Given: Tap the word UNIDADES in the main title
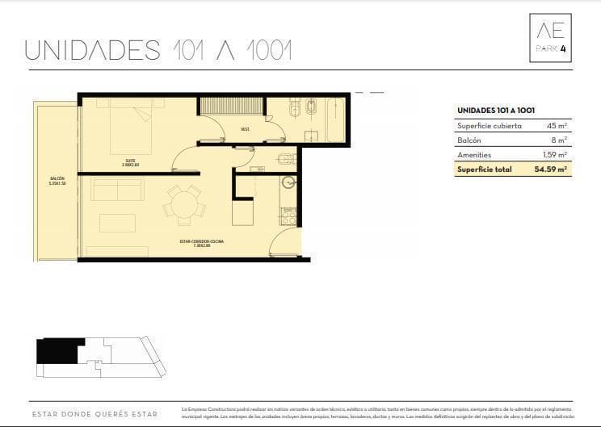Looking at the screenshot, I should click(93, 50).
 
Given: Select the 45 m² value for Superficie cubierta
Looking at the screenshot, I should click(556, 125).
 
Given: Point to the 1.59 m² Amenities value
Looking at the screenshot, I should click(555, 154).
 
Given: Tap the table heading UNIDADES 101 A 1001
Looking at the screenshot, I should click(497, 110).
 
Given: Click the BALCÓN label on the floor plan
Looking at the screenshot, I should click(57, 181).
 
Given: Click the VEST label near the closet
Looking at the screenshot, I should click(244, 129).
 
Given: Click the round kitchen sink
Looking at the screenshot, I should click(288, 183).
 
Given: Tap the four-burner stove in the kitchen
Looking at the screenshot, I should click(288, 216).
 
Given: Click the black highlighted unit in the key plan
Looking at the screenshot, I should click(56, 351).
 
